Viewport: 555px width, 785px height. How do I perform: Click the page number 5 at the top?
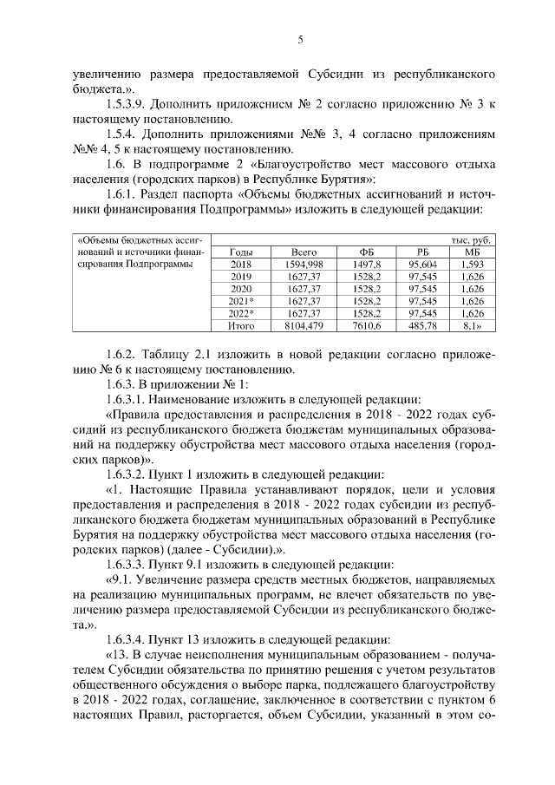coord(299,39)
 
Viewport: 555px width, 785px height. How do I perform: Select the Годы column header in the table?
coord(240,251)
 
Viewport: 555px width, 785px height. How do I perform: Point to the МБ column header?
coord(473,251)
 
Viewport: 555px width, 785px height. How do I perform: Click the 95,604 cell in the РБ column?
coord(421,263)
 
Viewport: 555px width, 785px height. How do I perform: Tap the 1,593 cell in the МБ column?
coord(473,263)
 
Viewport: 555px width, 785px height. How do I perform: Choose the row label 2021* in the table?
coord(240,300)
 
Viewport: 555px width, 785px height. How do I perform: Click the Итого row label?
coord(240,325)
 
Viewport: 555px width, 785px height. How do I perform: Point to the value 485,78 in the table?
coord(421,325)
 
